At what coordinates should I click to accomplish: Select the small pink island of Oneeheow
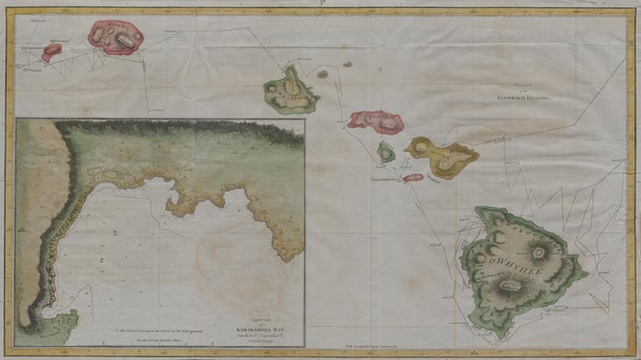50,52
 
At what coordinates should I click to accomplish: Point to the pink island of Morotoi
376,119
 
